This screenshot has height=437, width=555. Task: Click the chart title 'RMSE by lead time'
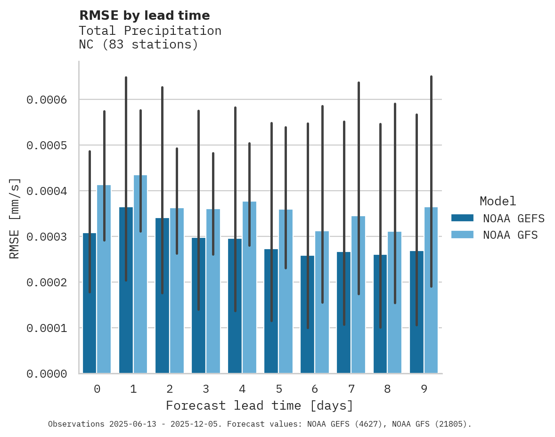[144, 16]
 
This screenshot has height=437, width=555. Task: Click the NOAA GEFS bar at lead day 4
[235, 306]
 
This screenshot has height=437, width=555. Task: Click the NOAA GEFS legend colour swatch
[462, 218]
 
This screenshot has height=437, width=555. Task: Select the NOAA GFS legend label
[510, 235]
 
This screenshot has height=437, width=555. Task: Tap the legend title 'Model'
[498, 201]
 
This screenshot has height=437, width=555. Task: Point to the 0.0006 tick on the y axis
[47, 100]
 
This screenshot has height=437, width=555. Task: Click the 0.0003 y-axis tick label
[47, 237]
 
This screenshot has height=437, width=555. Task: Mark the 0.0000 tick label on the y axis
[47, 374]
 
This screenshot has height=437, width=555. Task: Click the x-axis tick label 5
[278, 389]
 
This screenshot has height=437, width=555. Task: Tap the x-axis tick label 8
[387, 389]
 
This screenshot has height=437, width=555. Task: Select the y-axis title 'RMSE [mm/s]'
[15, 218]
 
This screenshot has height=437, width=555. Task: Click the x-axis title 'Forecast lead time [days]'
[260, 405]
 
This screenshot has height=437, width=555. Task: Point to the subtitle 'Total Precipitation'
[150, 31]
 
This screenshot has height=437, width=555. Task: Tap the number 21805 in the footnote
[449, 424]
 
